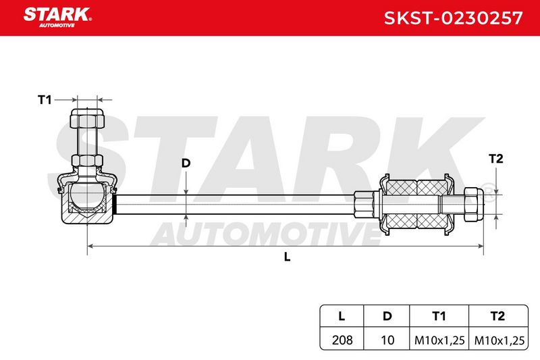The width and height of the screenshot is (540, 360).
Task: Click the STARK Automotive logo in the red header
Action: click(57, 18)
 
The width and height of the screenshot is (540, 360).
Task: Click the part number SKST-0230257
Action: click(453, 18)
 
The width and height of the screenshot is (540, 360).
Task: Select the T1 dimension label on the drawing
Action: click(45, 100)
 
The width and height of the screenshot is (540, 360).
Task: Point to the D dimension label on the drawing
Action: click(186, 163)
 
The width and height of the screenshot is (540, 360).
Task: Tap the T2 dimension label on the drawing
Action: click(496, 159)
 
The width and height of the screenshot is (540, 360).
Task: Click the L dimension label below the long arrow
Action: click(288, 257)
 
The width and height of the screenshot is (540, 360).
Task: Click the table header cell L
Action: click(342, 316)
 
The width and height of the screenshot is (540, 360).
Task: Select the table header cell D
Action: click(387, 316)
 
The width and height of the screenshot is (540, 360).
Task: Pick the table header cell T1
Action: click(439, 316)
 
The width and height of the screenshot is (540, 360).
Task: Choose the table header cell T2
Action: click(497, 316)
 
